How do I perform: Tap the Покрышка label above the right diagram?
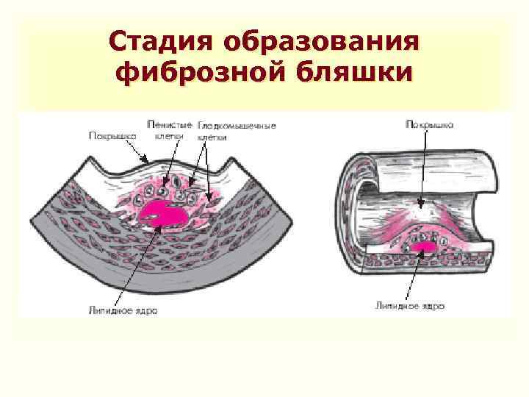pos(430,125)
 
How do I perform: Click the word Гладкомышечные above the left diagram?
pos(237,126)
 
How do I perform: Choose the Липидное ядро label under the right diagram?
pos(409,304)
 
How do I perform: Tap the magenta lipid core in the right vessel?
pos(424,248)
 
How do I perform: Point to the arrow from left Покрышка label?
pos(136,151)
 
